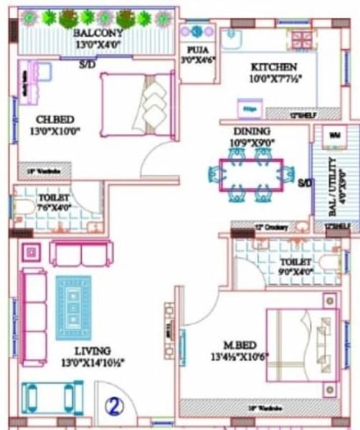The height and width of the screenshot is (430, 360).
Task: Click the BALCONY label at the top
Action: [x=98, y=33]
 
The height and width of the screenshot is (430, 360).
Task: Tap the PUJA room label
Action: [x=194, y=49]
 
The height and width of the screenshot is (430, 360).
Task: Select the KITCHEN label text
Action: [x=273, y=67]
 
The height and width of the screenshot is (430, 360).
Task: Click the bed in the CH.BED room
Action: [x=137, y=106]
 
